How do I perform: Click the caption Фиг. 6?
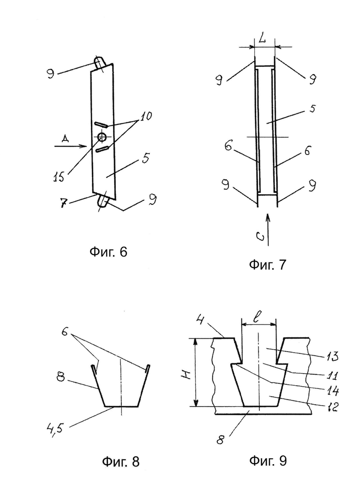108,252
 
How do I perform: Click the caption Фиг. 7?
267,264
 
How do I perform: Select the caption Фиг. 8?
121,462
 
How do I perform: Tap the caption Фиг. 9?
268,460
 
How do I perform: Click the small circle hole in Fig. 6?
102,137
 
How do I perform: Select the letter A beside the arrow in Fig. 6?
66,138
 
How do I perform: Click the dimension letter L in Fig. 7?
262,40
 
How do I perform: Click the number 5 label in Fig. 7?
312,108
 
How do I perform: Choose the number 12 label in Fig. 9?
333,406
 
